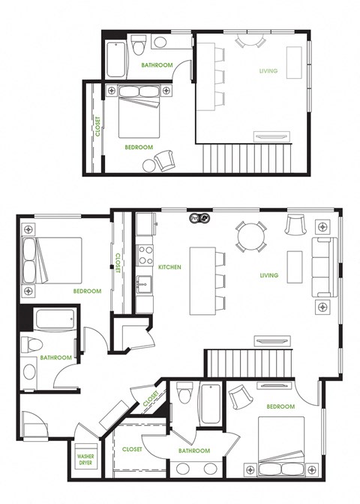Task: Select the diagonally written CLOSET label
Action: point(151,398)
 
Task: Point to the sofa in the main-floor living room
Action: point(324,268)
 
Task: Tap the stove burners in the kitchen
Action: point(144,249)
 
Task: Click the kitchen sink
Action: point(145,284)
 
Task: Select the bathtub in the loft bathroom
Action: point(116,60)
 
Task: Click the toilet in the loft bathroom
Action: point(138,45)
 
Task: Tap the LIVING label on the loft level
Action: point(268,71)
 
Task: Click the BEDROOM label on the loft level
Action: point(139,147)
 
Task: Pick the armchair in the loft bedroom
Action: point(164,159)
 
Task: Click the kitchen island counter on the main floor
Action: point(201,280)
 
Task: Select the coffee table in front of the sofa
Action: point(295,266)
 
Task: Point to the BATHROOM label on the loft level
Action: point(157,65)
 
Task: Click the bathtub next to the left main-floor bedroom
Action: point(53,321)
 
